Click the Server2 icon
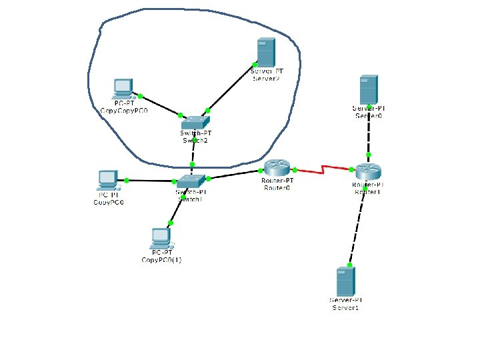(266, 52)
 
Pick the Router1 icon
(367, 171)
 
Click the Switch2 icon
(195, 122)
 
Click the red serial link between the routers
(323, 169)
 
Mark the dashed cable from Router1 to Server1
(356, 223)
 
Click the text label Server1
(345, 307)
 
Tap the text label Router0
(277, 188)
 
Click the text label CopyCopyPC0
(123, 110)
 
